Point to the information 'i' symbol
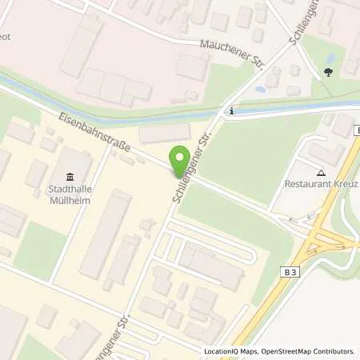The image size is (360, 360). pos(230,111)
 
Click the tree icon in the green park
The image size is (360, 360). pos(329,73)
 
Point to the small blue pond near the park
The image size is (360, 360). pos(260,90)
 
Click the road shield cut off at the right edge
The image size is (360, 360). pos(358,130)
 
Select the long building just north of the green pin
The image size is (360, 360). pos(165,134)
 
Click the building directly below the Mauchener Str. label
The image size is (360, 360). pos(192,66)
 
